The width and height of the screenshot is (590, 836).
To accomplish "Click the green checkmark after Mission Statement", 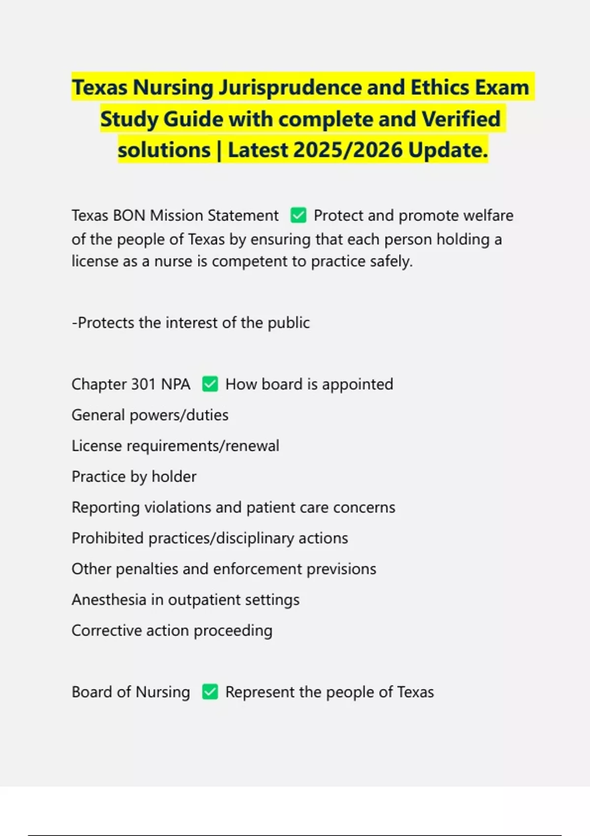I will click(298, 215).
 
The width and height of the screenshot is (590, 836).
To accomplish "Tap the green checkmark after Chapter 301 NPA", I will click(210, 384).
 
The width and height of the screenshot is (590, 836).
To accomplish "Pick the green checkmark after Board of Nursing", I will click(210, 692).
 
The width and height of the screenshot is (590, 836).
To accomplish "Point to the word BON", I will click(129, 215).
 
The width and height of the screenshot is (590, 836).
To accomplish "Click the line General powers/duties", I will click(150, 415).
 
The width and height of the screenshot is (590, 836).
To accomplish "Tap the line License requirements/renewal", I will click(175, 446).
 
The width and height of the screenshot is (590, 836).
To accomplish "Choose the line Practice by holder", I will click(134, 477).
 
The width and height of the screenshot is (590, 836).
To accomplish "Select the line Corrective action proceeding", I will click(172, 630).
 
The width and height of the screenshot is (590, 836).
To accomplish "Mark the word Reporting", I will click(105, 508).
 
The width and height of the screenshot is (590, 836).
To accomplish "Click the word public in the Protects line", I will click(289, 323).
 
